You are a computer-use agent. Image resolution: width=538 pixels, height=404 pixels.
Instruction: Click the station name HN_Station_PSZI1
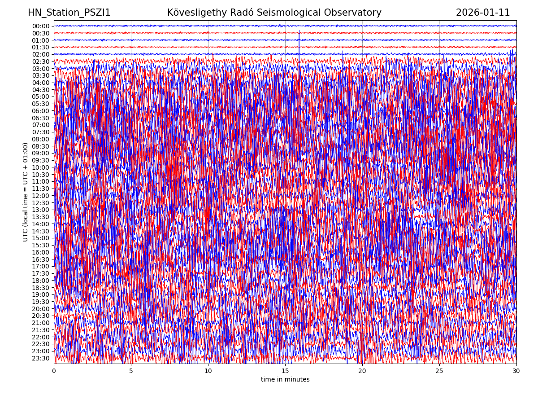pos(69,13)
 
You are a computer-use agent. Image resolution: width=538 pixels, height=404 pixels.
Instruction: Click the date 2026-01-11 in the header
pos(483,13)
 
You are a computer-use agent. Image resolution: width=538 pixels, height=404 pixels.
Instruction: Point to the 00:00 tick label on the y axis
pos(41,26)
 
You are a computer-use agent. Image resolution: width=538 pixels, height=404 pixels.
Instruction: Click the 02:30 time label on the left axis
pos(41,61)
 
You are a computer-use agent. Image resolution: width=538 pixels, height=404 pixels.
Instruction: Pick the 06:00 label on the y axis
pos(41,111)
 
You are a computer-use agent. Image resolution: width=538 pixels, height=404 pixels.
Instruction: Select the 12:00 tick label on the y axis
pos(41,196)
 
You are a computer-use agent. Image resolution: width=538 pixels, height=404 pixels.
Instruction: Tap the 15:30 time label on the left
pos(41,245)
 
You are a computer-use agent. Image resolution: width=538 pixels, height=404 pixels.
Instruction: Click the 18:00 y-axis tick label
pos(41,281)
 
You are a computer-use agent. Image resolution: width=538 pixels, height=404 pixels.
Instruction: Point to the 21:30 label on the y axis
pos(41,330)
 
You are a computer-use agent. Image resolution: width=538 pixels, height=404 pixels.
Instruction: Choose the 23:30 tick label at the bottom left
pos(41,358)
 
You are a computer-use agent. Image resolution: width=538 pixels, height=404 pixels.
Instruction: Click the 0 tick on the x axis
pos(54,371)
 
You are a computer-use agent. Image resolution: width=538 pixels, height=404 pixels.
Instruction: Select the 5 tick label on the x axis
pos(131,371)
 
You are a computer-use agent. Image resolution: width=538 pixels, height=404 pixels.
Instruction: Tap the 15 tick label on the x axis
pos(285,371)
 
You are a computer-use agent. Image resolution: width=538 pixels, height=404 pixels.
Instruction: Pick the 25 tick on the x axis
pos(439,371)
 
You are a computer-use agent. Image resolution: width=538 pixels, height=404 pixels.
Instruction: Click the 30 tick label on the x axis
pos(516,371)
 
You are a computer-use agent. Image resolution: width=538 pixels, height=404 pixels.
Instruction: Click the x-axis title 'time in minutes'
pos(285,380)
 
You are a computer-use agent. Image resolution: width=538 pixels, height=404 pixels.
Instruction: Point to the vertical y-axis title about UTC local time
pos(26,192)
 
